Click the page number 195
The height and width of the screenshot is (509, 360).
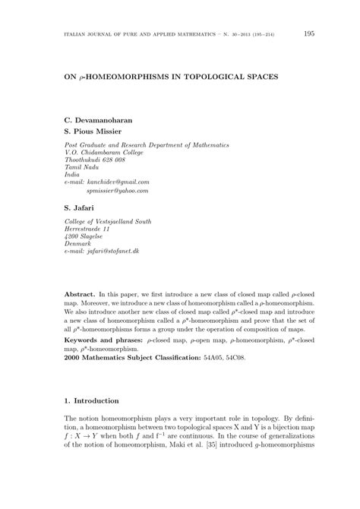pos(309,33)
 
